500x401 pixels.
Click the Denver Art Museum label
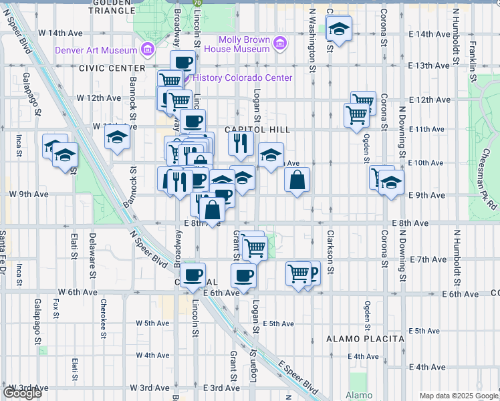click(95, 49)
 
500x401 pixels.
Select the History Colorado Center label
click(243, 78)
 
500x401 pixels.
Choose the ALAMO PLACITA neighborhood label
click(366, 339)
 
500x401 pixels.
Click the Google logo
click(22, 393)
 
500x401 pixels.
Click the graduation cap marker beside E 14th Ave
click(338, 29)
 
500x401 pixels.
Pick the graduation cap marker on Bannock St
click(117, 137)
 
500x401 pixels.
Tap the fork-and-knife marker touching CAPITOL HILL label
click(240, 143)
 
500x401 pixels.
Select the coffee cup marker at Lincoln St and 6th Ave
click(193, 275)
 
